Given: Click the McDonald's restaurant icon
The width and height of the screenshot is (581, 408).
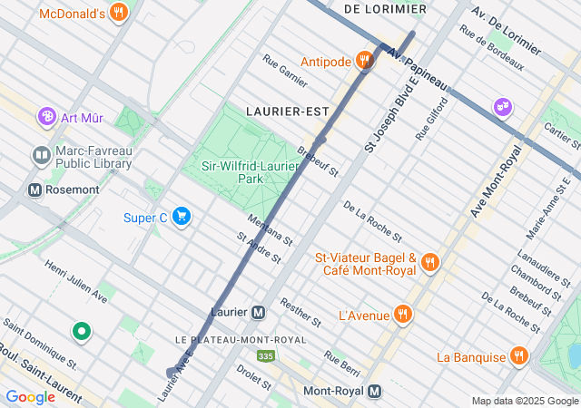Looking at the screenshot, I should point(118,13).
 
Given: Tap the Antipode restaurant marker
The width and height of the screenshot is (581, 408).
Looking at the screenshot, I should point(364,61).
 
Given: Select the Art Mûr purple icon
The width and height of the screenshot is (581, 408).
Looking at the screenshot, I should point(46,117).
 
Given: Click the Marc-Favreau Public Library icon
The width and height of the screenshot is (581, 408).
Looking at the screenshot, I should point(41,156).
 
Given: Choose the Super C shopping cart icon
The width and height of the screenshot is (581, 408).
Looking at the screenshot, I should point(182,216).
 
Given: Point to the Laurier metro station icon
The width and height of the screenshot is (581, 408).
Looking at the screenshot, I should point(259,312).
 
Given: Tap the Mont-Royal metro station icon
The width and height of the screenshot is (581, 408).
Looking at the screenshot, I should point(374,392).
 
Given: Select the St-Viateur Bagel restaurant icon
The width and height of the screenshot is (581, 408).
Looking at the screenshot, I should point(430,263).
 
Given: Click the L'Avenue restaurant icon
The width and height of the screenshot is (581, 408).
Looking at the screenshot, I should point(403,316).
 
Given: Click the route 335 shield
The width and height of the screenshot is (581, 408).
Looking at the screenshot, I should point(265,357).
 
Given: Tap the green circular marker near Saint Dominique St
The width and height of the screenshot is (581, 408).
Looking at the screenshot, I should point(82,332).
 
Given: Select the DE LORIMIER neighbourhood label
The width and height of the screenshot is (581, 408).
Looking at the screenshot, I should point(385,9).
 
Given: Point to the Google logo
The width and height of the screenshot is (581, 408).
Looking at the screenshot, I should point(30,397).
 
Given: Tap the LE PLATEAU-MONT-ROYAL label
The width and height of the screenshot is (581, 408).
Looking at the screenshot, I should point(228,340).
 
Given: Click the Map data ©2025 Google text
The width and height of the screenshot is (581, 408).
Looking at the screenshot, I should point(524,401).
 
